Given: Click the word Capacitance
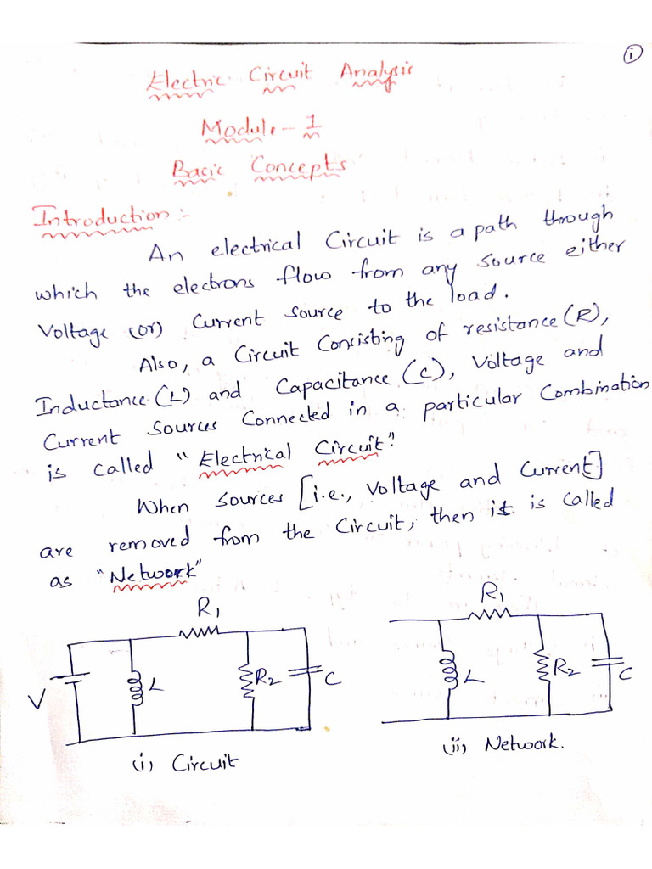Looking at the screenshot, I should click(333, 386).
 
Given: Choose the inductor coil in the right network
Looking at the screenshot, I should click(442, 670).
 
